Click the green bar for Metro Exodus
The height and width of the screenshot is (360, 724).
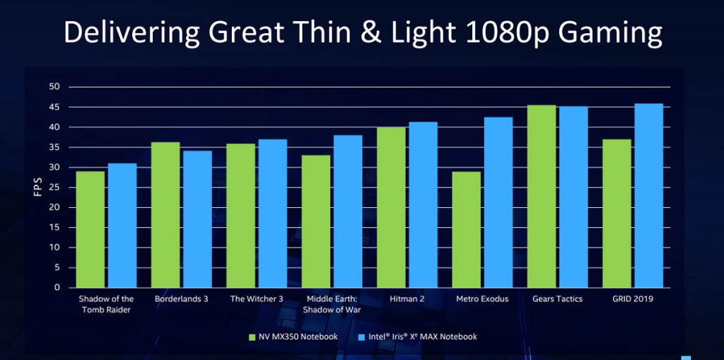click(467, 230)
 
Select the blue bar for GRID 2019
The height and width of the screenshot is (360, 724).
click(648, 196)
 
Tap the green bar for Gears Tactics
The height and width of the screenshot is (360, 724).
click(542, 197)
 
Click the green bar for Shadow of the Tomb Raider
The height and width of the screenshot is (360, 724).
click(90, 230)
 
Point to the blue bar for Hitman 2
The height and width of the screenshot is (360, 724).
click(423, 205)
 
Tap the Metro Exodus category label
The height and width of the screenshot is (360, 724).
click(482, 299)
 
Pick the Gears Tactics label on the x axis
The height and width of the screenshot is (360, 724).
click(557, 299)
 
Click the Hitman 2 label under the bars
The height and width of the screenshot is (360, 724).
click(407, 299)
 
